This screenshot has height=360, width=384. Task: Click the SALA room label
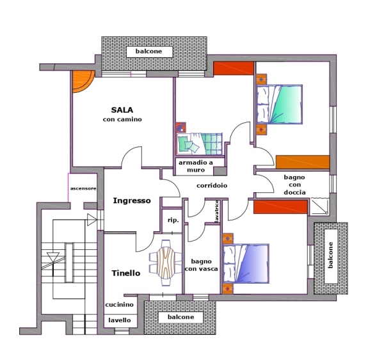tap(122, 110)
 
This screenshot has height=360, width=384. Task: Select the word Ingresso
tap(132, 200)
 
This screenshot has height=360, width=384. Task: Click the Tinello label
tap(126, 273)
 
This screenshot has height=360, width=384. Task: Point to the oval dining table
tap(166, 263)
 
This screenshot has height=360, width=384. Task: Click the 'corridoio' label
tap(212, 186)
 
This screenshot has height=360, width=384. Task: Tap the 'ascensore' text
tap(83, 188)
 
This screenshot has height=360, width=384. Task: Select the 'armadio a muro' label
tap(196, 166)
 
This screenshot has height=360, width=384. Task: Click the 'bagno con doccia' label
tap(294, 184)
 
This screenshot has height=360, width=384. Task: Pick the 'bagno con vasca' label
tap(202, 265)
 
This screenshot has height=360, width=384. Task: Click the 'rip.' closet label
tap(173, 220)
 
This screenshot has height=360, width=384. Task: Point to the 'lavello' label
tap(120, 320)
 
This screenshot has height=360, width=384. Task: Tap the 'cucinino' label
tap(119, 305)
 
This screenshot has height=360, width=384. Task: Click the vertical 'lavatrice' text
tap(217, 211)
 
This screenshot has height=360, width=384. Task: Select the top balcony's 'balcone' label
tap(148, 51)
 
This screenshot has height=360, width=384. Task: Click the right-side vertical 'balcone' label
tap(330, 255)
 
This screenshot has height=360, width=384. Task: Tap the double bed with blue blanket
tap(246, 263)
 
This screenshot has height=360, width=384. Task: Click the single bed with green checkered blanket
tap(200, 144)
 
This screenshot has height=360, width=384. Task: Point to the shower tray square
tap(319, 206)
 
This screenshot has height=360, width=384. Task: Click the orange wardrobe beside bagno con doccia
tap(303, 162)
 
